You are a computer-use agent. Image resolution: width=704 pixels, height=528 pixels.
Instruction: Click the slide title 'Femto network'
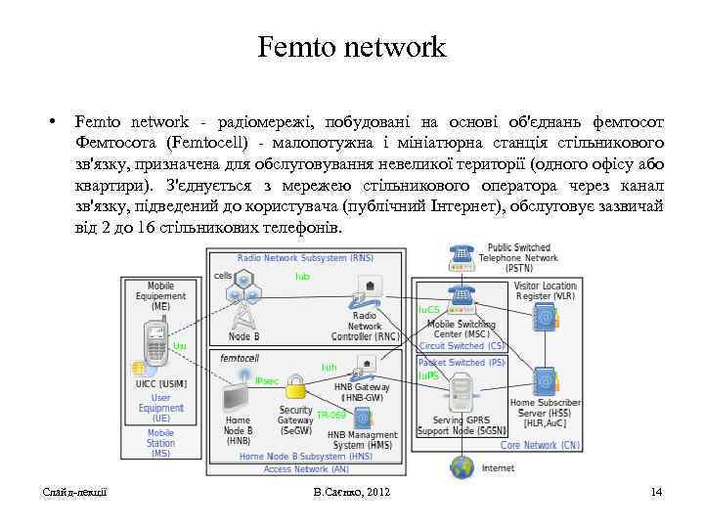point(352,46)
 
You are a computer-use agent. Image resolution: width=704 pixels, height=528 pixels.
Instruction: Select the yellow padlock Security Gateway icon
point(295,389)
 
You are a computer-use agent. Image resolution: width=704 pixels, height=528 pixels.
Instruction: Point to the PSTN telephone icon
point(460,256)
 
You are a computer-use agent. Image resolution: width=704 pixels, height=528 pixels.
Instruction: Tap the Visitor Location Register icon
point(545,319)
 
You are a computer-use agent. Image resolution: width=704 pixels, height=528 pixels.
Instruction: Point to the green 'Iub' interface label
point(302,277)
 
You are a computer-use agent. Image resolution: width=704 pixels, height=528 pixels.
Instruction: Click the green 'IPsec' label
point(266,380)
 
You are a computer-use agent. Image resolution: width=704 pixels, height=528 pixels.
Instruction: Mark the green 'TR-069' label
point(330,415)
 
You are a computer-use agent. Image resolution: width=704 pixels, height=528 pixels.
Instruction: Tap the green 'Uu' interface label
point(179,346)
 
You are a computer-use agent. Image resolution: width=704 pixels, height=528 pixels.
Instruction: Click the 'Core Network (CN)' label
point(541,445)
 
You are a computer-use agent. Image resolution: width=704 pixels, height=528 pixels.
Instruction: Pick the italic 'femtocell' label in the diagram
point(240,359)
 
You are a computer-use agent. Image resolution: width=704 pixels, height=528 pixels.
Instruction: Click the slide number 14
point(656,491)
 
